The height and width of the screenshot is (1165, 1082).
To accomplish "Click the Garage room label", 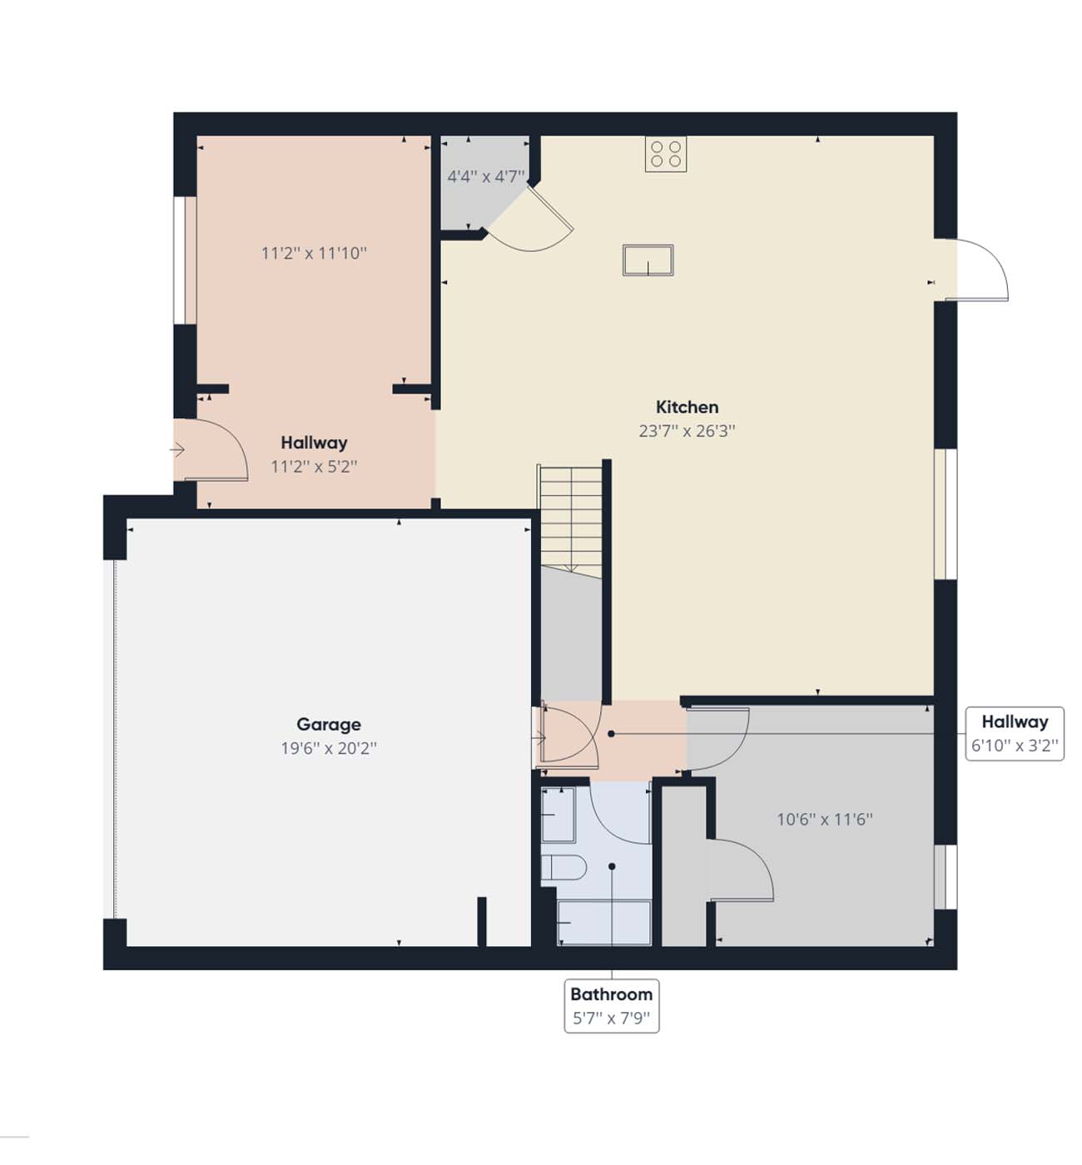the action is [329, 725].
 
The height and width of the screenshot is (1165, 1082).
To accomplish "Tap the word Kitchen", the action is [687, 407].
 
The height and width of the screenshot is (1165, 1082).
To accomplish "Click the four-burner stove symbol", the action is [666, 154].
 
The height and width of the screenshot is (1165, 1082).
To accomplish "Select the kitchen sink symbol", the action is [648, 260].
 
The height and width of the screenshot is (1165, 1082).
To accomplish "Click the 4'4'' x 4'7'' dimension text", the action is [486, 176].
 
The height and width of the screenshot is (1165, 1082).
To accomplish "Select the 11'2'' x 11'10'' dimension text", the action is [314, 254].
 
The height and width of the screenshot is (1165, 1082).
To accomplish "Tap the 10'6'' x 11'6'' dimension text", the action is [825, 820].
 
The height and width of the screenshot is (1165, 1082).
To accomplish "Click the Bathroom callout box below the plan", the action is [612, 1006].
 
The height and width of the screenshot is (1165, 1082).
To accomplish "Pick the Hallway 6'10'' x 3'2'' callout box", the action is [1015, 734].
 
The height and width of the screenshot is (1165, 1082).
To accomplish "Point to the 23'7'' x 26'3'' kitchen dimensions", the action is [687, 431].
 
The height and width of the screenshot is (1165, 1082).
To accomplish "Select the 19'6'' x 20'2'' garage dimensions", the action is [329, 748].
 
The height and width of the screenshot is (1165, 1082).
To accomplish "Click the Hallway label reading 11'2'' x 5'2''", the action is [314, 454].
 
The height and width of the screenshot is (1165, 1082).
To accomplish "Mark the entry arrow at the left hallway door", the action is [177, 450].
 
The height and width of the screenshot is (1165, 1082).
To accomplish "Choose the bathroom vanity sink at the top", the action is [558, 815].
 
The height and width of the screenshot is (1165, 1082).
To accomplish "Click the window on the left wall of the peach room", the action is [185, 260].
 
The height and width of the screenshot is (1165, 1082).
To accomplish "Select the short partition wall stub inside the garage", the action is [482, 921].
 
